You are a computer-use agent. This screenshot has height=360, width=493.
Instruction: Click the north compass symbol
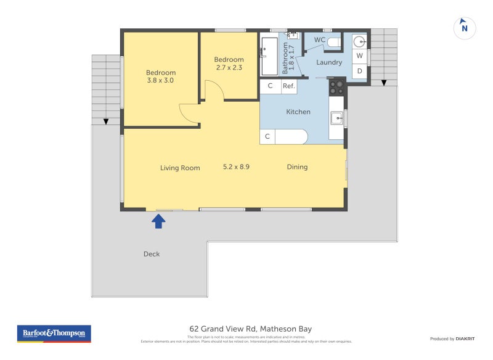465,28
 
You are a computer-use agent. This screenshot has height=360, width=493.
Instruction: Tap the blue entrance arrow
159,221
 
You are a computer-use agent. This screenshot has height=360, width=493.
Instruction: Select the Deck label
152,254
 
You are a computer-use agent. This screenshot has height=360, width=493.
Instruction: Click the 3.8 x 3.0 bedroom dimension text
160,80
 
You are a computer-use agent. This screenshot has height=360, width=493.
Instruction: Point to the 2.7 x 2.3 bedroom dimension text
228,68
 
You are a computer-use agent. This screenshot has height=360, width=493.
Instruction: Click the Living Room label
180,168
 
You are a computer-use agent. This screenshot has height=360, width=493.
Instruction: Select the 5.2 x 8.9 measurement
236,167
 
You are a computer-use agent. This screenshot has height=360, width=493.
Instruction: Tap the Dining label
297,167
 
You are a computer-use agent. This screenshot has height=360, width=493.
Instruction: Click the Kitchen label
298,112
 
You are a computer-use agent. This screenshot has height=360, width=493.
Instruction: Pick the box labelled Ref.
289,86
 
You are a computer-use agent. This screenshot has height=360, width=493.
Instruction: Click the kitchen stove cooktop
336,87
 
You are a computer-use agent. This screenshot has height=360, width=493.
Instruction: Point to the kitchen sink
336,117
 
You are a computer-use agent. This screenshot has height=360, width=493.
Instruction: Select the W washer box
360,56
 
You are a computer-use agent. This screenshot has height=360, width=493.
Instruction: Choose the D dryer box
360,71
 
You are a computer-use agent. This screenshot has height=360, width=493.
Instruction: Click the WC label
320,40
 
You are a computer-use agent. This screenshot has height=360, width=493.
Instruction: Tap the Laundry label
329,62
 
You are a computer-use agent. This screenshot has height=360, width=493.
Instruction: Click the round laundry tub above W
360,41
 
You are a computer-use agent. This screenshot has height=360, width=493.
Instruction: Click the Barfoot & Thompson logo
54,333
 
